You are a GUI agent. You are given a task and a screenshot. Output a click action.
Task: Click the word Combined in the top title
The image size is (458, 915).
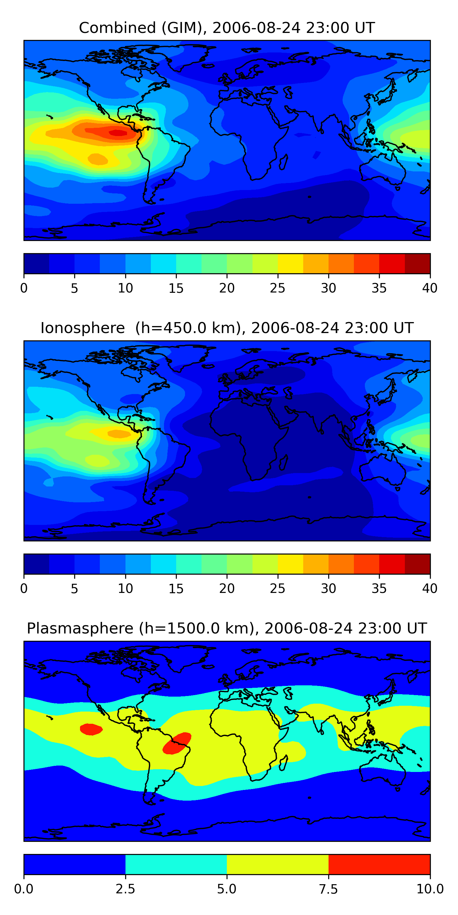point(117,28)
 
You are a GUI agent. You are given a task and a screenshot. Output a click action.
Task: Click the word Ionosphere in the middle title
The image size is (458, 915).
point(82,328)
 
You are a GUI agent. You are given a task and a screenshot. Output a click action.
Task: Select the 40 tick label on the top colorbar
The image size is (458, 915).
point(430,288)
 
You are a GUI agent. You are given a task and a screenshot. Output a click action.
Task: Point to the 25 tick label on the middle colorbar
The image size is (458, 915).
point(277,588)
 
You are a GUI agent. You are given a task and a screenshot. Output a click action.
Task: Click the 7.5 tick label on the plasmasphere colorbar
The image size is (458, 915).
point(328,889)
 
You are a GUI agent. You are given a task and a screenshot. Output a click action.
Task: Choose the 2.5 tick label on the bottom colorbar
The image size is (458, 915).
point(125,889)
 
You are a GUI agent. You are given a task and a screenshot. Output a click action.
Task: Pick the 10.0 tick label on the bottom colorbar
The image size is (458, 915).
point(430,889)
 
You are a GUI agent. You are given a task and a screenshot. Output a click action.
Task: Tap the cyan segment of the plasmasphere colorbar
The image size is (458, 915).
point(176,864)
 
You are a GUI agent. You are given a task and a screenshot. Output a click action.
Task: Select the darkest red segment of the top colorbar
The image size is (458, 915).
point(417,264)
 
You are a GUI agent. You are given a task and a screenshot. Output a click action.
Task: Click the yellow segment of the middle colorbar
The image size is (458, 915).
point(290,564)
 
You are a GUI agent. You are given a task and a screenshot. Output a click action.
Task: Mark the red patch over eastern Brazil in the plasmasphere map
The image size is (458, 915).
point(177,743)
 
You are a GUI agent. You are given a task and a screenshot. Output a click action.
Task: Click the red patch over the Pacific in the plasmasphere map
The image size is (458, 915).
point(91,729)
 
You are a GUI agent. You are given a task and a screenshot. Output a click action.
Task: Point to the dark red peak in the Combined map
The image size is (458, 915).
point(118,133)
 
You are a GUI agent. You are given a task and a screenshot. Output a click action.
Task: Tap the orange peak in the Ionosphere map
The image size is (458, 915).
point(119,434)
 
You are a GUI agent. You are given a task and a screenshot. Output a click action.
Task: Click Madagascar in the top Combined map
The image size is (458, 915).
point(284,162)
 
